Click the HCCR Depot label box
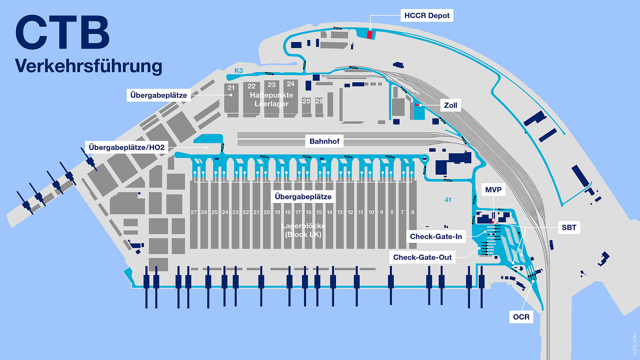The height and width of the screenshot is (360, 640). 427,16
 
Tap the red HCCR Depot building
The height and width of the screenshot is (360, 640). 369,35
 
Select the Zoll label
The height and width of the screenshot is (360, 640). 450,105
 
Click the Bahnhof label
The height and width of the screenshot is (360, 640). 324,141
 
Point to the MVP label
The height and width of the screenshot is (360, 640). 493,190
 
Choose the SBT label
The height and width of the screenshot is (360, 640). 569,227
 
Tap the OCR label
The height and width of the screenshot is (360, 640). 521,317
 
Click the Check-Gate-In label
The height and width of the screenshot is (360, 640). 436,236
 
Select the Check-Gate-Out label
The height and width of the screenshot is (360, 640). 422,257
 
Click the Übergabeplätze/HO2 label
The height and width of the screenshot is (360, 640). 127,147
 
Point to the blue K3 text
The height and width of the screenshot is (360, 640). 239,71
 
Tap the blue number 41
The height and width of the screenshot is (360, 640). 448,200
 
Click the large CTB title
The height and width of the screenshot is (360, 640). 63,33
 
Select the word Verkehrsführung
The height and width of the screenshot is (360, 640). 89,66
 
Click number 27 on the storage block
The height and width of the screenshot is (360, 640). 194,212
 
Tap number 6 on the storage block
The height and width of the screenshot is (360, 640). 413,212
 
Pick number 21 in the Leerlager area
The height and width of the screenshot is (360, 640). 231,88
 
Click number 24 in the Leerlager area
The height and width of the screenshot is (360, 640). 291,84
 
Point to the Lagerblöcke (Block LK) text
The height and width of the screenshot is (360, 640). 303,230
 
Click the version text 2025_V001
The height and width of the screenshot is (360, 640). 635,343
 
